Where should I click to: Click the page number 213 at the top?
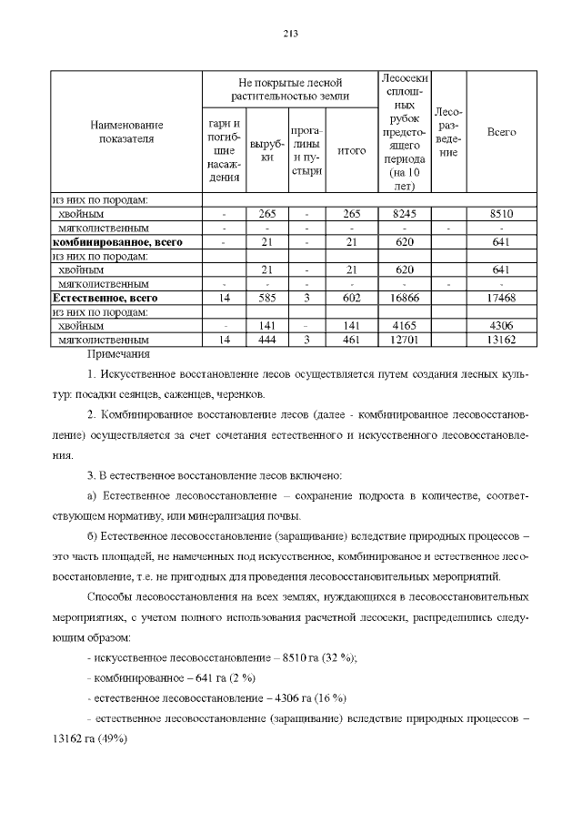pyautogui.click(x=291, y=34)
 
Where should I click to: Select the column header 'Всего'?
pyautogui.click(x=501, y=132)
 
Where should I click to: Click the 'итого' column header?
pyautogui.click(x=351, y=151)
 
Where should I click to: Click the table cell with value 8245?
pyautogui.click(x=403, y=214)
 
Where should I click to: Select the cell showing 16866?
pyautogui.click(x=403, y=298)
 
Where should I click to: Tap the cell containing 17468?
pyautogui.click(x=501, y=298)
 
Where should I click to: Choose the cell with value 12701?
pyautogui.click(x=403, y=341)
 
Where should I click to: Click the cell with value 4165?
pyautogui.click(x=403, y=326)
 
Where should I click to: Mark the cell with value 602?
pyautogui.click(x=351, y=298)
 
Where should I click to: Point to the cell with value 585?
pyautogui.click(x=267, y=298)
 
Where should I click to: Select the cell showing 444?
pyautogui.click(x=267, y=341)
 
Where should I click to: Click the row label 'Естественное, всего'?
pyautogui.click(x=105, y=298)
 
